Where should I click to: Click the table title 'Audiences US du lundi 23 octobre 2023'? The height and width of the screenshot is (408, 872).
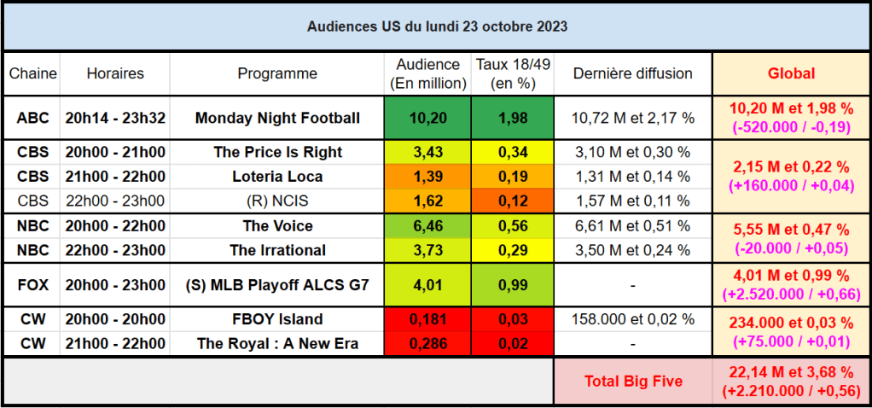436,26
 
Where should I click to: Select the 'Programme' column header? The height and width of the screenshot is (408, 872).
277,73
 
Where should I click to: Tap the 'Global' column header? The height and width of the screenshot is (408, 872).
791,73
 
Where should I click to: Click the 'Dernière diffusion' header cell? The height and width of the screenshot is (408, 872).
632,73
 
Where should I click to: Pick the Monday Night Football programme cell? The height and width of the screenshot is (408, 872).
277,118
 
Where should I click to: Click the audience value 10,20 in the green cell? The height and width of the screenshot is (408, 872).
428,118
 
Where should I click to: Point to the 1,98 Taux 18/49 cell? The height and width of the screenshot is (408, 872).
512,118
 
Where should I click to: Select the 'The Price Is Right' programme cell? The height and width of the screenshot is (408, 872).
277,152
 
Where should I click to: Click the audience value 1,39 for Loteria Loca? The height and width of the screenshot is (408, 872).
428,177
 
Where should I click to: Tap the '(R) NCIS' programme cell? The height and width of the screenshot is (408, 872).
277,201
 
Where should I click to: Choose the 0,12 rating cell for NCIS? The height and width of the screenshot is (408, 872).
512,201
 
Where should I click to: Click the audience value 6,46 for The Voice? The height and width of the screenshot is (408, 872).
428,226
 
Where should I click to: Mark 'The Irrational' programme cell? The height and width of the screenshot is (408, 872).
277,250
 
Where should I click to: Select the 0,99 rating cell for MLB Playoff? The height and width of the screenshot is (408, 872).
512,285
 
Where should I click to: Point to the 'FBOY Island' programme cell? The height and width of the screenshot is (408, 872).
277,319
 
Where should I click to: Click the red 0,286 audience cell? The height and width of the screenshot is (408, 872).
428,344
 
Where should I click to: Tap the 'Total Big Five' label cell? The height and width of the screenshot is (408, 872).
632,381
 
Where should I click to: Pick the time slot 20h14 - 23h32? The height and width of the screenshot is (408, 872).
115,118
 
